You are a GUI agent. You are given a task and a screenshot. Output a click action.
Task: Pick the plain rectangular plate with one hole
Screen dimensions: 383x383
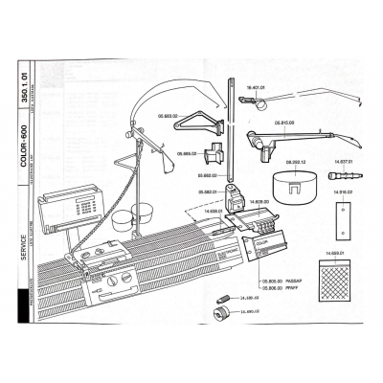341,219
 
